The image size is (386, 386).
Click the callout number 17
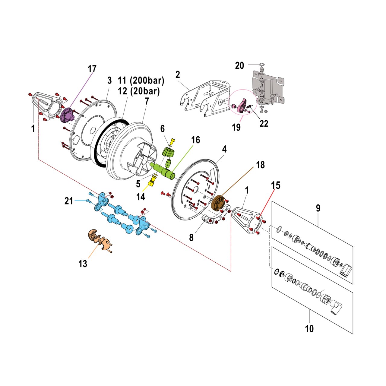coord(92,69)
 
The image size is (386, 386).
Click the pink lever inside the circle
coord(242,106)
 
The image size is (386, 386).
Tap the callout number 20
coord(239,65)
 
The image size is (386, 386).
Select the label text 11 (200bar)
coord(141,81)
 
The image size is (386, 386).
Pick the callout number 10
coord(309,328)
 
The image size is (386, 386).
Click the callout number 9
coord(318,208)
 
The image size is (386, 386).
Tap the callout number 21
coord(69,201)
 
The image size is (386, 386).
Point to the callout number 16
coord(196,140)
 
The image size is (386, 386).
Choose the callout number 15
coord(276,185)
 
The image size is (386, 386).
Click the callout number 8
coord(191,238)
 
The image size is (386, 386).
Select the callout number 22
coord(264,123)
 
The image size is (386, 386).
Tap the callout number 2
coord(178,74)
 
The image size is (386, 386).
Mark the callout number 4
coord(224,149)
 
